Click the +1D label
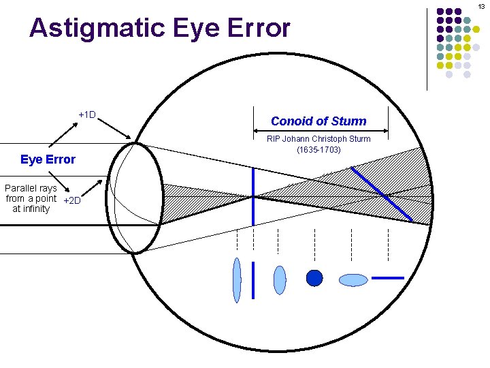[x=87, y=114]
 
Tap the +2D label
[x=71, y=200]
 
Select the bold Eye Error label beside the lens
[x=48, y=159]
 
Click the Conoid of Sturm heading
[x=318, y=121]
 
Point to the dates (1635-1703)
[x=318, y=149]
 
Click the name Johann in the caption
[x=296, y=139]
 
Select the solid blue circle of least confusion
[x=314, y=278]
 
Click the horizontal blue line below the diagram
[x=388, y=278]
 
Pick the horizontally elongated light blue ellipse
[x=353, y=279]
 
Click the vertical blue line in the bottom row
[x=253, y=279]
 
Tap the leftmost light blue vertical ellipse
[x=237, y=279]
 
